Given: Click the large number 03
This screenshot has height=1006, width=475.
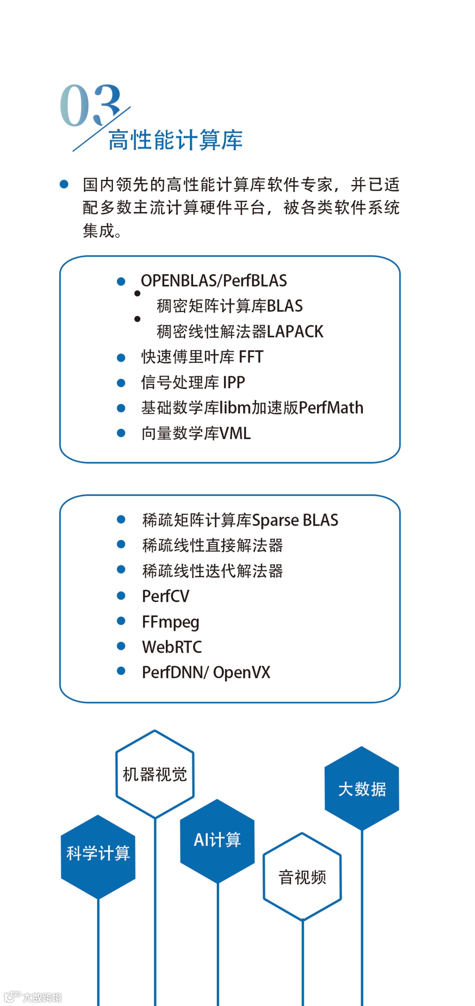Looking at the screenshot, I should coord(90,105).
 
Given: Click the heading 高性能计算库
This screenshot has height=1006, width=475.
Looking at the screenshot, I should coord(175,140).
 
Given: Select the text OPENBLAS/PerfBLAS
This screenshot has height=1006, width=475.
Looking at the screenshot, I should coord(214,280).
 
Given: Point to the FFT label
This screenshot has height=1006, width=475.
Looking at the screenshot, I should coord(251,357).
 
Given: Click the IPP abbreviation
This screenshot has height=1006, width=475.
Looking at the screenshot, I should coord(234,382).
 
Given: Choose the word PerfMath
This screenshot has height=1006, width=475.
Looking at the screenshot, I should coord(331,408).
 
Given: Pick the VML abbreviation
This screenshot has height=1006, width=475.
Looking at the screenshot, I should coord(235,433).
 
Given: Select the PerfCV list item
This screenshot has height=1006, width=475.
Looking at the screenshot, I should coord(166,596).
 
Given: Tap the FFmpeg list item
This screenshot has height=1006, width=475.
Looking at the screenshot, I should coord(171,622).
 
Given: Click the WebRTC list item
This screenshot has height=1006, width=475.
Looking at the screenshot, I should coord(172,647).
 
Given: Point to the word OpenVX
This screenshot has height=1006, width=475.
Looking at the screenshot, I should coord(242,672).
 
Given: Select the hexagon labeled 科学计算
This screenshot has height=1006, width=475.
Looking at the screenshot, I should coord(98,853).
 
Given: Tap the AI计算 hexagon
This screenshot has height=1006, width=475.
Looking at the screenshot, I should coord(217,840).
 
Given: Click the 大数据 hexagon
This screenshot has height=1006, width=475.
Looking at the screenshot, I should coord(362,789).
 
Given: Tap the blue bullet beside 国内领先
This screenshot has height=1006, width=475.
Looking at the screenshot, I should coord(64,184).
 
